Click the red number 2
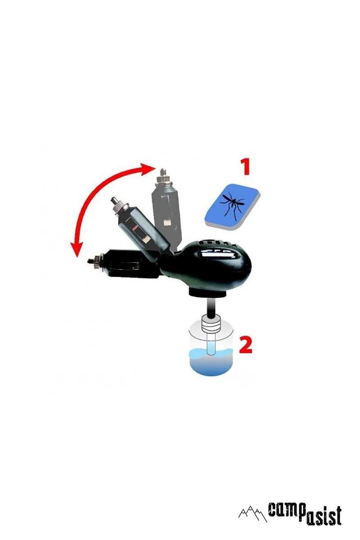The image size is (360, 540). click(245, 345)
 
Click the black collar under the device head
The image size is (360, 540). click(207, 293)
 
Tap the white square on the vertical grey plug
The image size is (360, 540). click(166, 222)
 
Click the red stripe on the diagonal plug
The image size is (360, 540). click(135, 227)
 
